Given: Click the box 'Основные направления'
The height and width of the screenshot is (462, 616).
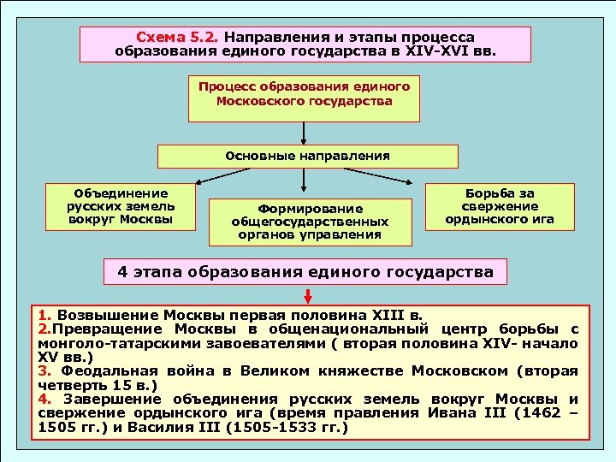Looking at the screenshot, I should point(307,157).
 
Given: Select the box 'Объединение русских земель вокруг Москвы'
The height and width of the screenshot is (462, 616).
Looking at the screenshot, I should point(120,207).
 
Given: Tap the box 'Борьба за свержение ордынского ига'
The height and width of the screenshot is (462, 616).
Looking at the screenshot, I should point(500,207).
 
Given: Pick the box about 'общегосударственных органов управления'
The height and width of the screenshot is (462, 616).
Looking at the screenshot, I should point(309,222).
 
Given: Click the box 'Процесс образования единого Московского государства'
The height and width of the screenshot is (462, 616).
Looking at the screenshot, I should point(304,94).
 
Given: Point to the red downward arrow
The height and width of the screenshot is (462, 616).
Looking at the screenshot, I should point(307,295).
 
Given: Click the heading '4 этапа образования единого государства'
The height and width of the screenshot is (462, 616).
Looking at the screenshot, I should point(305,272).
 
